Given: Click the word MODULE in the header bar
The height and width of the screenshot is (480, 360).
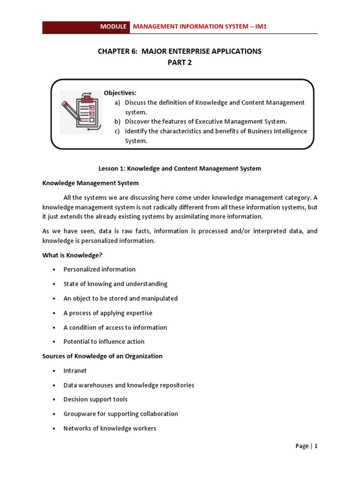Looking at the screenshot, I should click(x=113, y=27).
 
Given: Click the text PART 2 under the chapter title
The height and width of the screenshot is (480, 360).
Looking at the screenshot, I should click(x=180, y=63).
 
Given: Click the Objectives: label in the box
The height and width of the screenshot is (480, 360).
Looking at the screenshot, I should click(x=120, y=93).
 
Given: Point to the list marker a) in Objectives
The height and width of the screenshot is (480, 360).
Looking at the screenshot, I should click(x=118, y=102).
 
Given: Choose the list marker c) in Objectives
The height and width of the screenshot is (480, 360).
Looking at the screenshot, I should click(x=118, y=131).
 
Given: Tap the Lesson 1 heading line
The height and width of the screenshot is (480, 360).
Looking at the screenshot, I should click(x=180, y=168).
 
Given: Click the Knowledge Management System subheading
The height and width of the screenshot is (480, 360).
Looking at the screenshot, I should click(x=90, y=183).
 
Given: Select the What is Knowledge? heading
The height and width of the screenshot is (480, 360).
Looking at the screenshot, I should click(x=72, y=255).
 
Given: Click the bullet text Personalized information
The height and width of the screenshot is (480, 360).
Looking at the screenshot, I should click(x=99, y=269).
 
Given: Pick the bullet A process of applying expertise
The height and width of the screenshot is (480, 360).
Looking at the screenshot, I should click(x=108, y=313).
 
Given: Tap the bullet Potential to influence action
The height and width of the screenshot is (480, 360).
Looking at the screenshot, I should click(x=104, y=342).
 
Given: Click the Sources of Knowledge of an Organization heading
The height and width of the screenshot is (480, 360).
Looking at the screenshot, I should click(x=102, y=356).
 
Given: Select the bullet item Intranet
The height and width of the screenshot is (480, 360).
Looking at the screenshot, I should click(x=75, y=370).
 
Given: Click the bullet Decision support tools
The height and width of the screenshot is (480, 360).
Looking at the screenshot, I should click(x=95, y=399).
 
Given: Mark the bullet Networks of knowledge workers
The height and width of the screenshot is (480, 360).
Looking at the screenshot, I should click(x=110, y=428).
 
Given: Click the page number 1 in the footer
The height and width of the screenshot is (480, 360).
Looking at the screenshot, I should click(x=316, y=446).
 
